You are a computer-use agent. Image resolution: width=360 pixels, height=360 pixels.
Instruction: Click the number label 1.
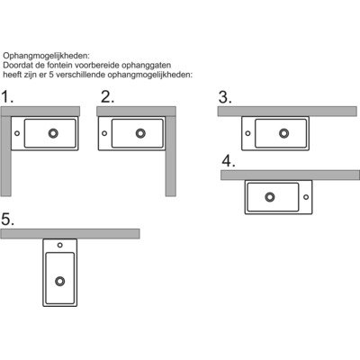[9, 96]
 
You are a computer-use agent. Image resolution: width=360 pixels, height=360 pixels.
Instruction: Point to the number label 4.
[229, 162]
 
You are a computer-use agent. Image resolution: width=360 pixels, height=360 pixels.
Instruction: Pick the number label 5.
[9, 220]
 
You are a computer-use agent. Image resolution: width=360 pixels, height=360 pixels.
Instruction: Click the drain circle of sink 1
[53, 133]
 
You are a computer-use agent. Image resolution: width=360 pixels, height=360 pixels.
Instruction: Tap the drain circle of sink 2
[140, 133]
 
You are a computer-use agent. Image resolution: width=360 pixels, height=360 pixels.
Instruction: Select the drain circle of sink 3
[283, 133]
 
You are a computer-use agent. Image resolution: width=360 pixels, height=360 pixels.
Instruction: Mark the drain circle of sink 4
[269, 197]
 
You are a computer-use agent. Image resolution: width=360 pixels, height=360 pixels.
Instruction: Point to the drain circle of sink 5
[60, 281]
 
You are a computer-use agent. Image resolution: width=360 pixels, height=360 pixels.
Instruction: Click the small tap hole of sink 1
[17, 133]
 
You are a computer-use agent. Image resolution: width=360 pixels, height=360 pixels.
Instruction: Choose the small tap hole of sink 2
[104, 133]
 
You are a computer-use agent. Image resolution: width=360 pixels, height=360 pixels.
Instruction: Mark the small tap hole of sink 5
[60, 245]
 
